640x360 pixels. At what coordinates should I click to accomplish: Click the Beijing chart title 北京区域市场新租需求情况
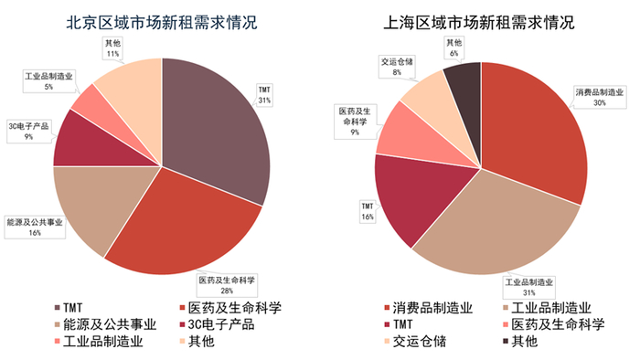tap(162, 20)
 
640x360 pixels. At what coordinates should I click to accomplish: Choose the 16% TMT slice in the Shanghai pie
tap(411, 196)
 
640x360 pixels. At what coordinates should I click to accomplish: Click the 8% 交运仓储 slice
tap(430, 96)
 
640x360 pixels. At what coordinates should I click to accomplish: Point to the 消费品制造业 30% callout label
tap(598, 98)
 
